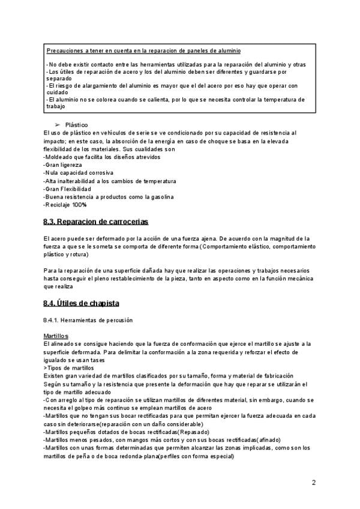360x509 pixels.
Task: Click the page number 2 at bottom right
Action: point(314,482)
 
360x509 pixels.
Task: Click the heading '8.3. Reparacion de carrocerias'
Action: point(95,222)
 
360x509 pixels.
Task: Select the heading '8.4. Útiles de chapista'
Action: point(81,303)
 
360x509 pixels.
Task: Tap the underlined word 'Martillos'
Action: point(56,336)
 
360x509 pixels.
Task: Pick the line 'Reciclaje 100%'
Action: point(65,205)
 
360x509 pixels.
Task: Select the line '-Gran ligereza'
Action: point(63,164)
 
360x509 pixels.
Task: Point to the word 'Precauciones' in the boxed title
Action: point(65,50)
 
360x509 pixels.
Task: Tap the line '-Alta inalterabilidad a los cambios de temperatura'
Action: point(110,181)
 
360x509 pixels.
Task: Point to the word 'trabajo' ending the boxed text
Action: point(56,106)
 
